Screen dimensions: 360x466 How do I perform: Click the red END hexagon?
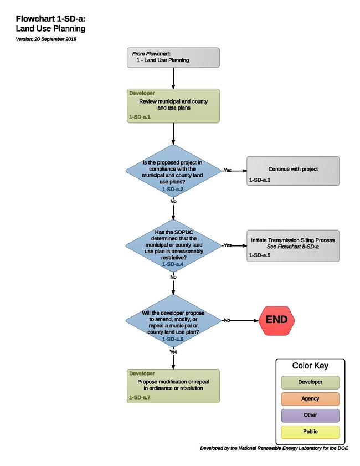pos(276,320)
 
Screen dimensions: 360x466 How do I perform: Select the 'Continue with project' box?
pos(293,171)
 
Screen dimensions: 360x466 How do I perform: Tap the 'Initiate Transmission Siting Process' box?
pos(293,246)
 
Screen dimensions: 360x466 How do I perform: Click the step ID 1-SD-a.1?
pos(140,117)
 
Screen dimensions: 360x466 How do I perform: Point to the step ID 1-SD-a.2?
pos(173,190)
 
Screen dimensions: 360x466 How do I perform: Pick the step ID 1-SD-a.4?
pos(173,264)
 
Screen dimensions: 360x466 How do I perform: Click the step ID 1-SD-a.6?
pos(173,339)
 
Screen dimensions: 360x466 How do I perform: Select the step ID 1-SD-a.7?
pos(140,397)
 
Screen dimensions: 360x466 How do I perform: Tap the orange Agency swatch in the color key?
pos(310,399)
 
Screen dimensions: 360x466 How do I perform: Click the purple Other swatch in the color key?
pos(310,416)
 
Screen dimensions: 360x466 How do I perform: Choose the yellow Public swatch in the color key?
pos(310,432)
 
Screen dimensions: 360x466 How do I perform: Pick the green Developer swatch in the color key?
pos(310,382)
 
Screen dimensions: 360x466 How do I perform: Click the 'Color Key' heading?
pos(310,366)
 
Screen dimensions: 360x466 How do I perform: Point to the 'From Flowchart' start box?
pos(173,58)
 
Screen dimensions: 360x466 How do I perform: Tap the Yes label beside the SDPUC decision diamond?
pos(228,245)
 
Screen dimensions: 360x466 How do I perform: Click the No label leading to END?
pos(227,320)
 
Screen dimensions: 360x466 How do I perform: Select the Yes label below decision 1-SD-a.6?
pos(173,352)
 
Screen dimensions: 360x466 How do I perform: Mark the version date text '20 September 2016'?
pos(55,39)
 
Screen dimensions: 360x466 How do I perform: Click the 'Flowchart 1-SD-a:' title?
pos(50,19)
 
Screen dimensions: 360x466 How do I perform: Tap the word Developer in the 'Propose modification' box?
pos(142,373)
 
